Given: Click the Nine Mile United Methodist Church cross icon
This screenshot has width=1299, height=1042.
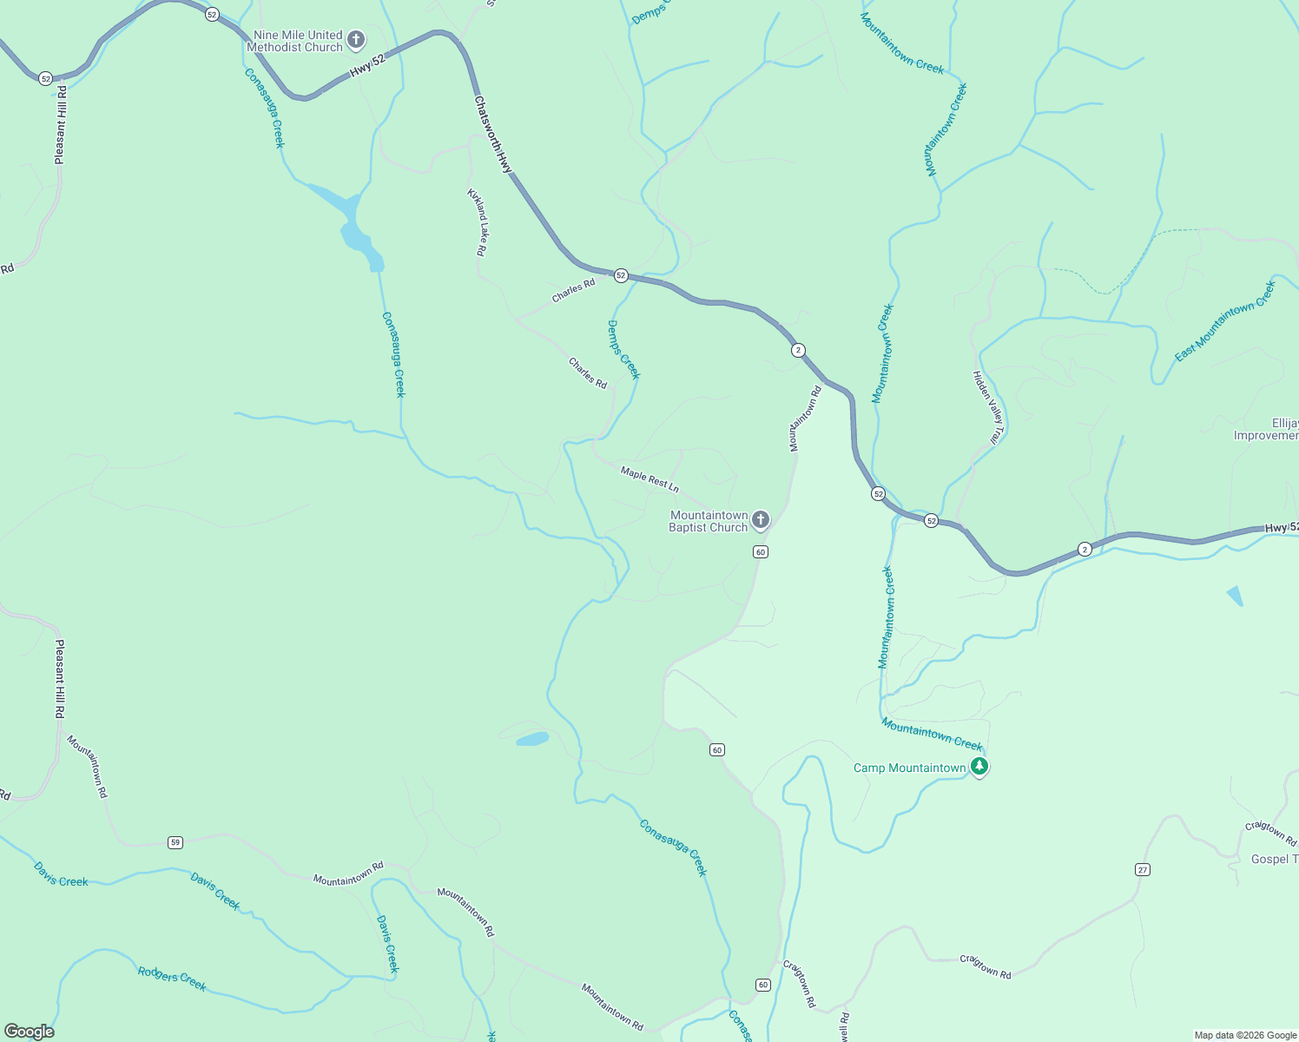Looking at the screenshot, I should [x=355, y=39].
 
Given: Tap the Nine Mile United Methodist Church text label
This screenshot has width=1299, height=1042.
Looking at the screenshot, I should [x=298, y=41].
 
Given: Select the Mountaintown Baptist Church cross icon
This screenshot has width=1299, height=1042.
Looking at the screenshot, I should [x=760, y=520].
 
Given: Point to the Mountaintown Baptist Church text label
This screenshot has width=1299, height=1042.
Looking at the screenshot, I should [x=709, y=521].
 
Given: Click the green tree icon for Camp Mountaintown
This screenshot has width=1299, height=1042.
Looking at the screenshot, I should [x=979, y=767].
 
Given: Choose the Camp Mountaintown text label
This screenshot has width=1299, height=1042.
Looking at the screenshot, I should [x=909, y=768].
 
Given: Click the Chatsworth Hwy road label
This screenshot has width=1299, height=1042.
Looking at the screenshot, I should [x=494, y=134].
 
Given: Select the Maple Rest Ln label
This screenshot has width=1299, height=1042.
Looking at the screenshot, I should [x=649, y=478].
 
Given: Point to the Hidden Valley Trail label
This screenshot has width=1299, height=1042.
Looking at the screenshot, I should [x=986, y=407].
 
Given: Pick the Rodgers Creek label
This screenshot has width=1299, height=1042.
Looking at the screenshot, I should [x=172, y=979].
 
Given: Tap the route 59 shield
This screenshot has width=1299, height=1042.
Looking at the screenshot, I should [x=175, y=842].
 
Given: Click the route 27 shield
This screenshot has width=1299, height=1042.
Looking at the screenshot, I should [x=1143, y=869].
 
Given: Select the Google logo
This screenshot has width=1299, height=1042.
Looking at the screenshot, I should [x=29, y=1032].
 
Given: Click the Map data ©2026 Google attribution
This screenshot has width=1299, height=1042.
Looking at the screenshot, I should [x=1245, y=1035].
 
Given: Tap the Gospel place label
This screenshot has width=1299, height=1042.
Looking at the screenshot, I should [x=1273, y=859].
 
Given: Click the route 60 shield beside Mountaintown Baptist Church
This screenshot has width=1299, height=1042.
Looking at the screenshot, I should [x=761, y=551].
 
